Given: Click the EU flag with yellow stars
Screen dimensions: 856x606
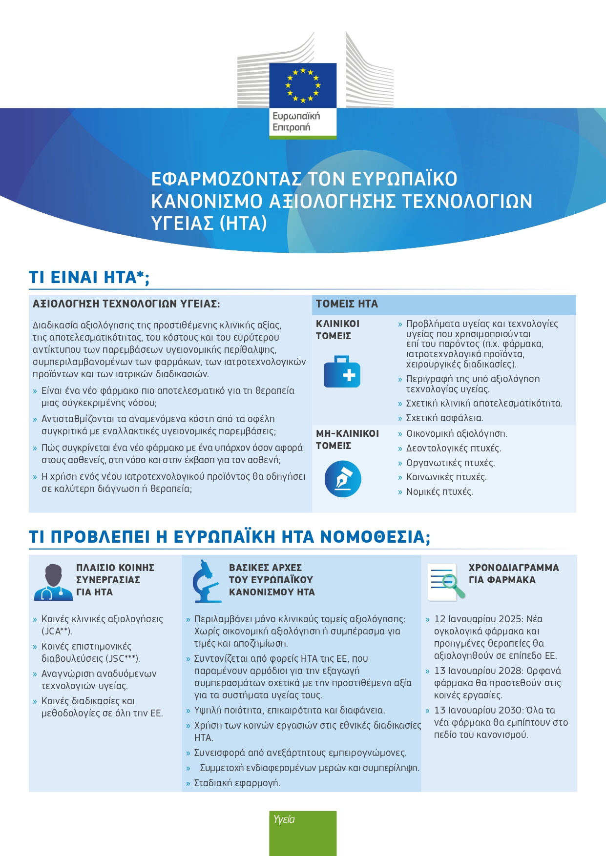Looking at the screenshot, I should coord(303,85).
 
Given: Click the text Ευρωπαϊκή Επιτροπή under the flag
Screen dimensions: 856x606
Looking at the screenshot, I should coord(296,122).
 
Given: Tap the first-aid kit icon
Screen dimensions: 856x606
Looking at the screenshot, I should coord(342,372).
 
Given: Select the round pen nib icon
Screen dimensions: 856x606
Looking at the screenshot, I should coord(343,479).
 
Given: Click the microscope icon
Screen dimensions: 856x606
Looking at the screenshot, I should coord(206,581).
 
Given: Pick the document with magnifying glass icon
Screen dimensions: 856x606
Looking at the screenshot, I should coord(446,581).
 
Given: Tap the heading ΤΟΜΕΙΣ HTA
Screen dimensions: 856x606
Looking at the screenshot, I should coord(347,304).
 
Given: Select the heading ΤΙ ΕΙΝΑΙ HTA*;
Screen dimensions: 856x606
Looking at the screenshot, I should coord(89,277).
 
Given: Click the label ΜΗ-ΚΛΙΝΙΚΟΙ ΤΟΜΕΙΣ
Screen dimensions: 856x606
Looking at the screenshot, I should coord(347,439).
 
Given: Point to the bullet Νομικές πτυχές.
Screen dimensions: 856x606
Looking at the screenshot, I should coord(439,492).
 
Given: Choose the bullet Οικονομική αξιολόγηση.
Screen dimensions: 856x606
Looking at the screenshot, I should coord(457,434).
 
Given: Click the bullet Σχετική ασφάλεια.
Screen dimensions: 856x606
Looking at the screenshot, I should coord(444,418).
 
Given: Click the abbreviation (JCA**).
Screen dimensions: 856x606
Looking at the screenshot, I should coord(57,632).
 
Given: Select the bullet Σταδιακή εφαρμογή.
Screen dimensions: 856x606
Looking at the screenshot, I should coord(237,783).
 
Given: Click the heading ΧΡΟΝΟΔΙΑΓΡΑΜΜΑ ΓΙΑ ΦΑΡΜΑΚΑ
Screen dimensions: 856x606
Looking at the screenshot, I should coord(514,574).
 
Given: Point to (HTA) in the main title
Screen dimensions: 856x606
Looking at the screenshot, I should coord(243,224).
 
